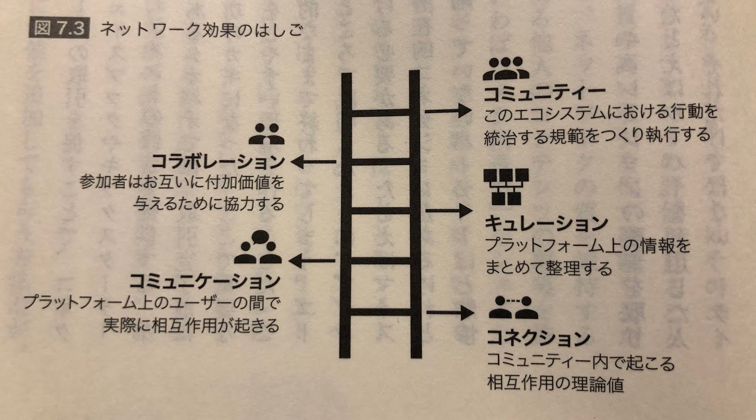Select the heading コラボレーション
[218, 163]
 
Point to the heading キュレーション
[546, 223]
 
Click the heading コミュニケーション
[204, 282]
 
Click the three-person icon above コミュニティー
[506, 69]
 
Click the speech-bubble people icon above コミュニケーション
[258, 248]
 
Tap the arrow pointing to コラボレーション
[314, 163]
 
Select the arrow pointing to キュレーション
[449, 210]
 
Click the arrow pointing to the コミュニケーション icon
[314, 260]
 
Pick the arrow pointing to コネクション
[449, 311]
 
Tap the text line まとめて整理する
[548, 268]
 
